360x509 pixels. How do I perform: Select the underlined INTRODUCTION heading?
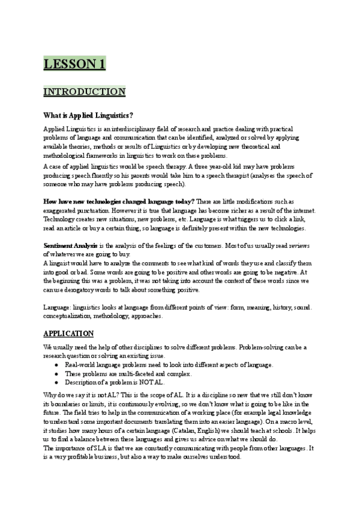[84, 92]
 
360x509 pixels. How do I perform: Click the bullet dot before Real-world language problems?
[56, 365]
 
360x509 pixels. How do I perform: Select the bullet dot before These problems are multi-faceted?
[56, 373]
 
